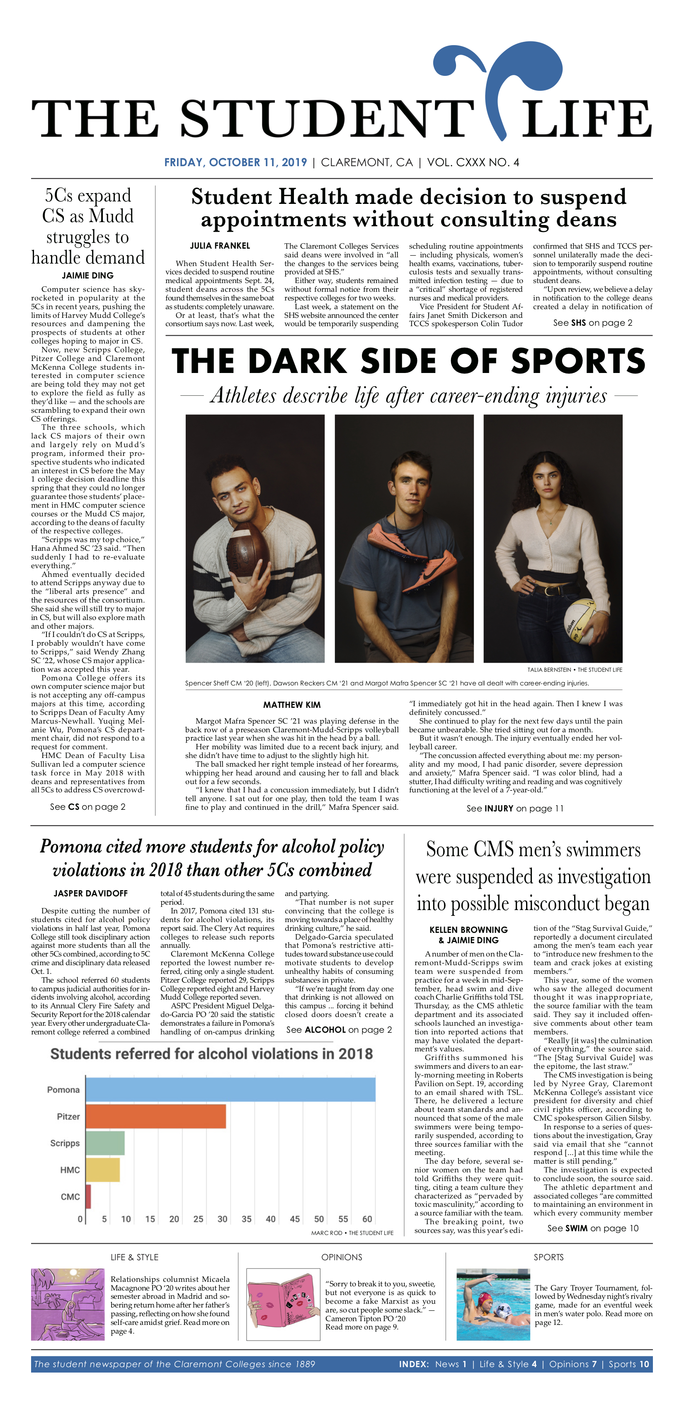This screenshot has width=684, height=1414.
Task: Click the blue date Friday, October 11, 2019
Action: pyautogui.click(x=235, y=162)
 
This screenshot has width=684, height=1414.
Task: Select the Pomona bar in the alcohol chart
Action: pyautogui.click(x=230, y=1090)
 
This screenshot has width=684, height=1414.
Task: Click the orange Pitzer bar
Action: pyautogui.click(x=156, y=1116)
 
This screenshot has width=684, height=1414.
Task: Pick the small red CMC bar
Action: pyautogui.click(x=88, y=1196)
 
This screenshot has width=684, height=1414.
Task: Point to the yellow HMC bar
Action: pyautogui.click(x=103, y=1170)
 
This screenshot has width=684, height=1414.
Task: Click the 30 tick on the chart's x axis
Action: pyautogui.click(x=222, y=1219)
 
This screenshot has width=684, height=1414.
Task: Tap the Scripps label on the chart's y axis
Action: pyautogui.click(x=65, y=1143)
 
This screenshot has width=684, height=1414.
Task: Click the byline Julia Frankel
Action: pyautogui.click(x=220, y=246)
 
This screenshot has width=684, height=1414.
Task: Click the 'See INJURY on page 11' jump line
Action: pyautogui.click(x=514, y=809)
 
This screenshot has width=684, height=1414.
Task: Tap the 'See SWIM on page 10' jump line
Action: pyautogui.click(x=592, y=1228)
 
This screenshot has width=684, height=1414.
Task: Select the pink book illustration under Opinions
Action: pyautogui.click(x=283, y=1304)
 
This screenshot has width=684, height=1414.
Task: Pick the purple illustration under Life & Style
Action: pyautogui.click(x=68, y=1304)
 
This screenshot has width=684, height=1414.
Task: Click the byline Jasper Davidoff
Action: pyautogui.click(x=90, y=893)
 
